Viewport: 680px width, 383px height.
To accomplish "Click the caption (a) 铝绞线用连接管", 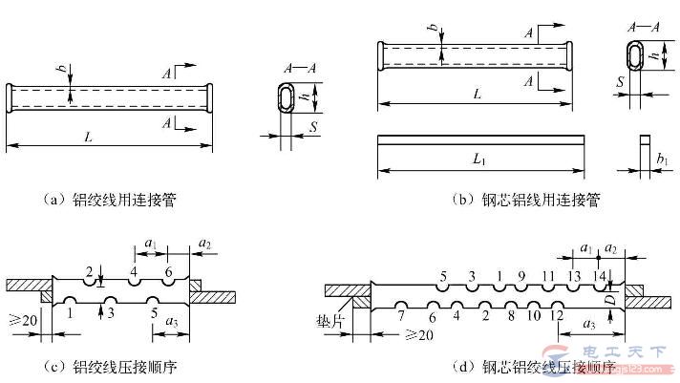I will [x=114, y=201].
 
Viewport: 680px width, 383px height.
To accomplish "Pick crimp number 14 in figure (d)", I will [x=599, y=276].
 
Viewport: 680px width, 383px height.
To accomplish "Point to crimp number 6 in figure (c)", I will [x=168, y=272].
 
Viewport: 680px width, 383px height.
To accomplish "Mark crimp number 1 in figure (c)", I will [x=71, y=311].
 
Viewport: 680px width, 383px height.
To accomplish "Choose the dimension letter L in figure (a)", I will [x=88, y=137].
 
